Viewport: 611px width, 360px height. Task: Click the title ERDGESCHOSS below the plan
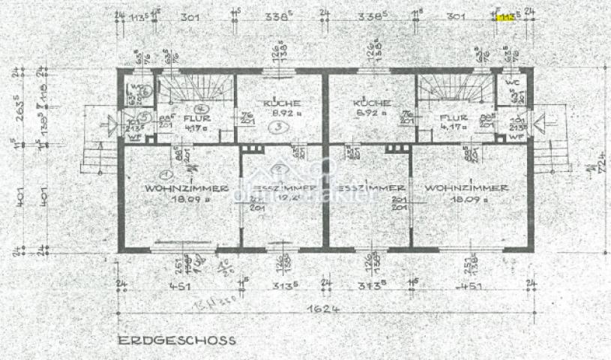pyautogui.click(x=176, y=340)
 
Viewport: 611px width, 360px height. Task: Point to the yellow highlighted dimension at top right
pyautogui.click(x=507, y=18)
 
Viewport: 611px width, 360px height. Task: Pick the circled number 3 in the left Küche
pyautogui.click(x=278, y=128)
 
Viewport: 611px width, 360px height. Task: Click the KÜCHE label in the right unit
pyautogui.click(x=373, y=103)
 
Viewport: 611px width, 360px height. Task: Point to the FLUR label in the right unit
pyautogui.click(x=454, y=118)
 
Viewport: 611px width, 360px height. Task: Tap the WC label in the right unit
pyautogui.click(x=512, y=80)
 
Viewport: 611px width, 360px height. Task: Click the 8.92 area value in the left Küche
pyautogui.click(x=281, y=113)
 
